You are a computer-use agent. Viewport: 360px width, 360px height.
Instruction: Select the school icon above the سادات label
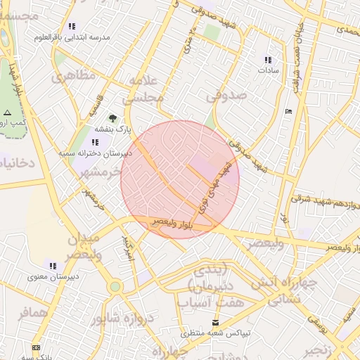click(267, 60)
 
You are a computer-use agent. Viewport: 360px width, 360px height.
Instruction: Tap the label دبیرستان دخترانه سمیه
click(87, 153)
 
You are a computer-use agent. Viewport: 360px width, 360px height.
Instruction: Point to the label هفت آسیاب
click(211, 303)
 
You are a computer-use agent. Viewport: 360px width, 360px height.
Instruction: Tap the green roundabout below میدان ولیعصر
click(115, 286)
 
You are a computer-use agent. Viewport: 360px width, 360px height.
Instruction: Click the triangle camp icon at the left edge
click(7, 112)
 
